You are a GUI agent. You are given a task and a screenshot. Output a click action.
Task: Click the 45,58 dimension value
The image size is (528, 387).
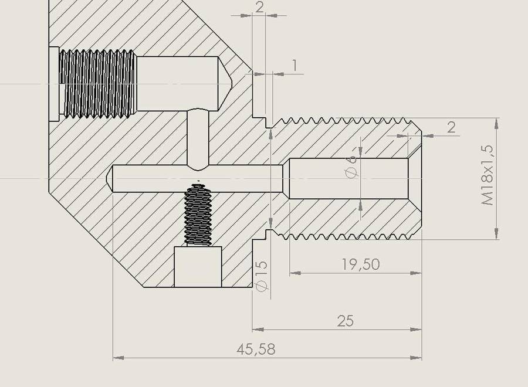click(256, 349)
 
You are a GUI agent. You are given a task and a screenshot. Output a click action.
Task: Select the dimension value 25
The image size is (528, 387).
click(346, 321)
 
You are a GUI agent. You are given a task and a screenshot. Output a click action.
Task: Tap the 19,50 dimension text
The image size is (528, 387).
click(361, 264)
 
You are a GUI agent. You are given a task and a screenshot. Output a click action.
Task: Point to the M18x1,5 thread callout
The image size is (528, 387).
click(488, 175)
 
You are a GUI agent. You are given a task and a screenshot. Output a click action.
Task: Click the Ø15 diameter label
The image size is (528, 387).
click(262, 276)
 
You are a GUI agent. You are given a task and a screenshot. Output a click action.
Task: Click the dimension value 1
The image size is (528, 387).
click(295, 66)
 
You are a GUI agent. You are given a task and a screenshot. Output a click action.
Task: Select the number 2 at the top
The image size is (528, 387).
click(259, 7)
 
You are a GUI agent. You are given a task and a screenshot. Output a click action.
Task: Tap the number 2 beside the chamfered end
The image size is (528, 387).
click(451, 128)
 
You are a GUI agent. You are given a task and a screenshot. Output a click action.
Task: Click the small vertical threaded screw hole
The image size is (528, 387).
click(198, 214)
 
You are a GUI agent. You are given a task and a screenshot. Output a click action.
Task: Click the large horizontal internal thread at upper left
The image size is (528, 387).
click(97, 84)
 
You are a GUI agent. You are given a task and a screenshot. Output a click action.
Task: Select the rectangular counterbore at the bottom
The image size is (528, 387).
click(198, 267)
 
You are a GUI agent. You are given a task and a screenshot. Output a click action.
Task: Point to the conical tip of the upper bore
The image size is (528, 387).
click(225, 83)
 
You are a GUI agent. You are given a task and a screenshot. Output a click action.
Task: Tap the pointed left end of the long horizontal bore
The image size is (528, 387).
click(110, 178)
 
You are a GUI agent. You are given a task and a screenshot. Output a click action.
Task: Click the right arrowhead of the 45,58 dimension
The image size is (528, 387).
click(417, 358)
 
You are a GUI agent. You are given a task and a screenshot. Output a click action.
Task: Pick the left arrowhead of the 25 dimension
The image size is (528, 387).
click(258, 329)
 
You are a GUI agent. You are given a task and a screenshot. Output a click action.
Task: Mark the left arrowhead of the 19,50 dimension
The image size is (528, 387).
click(295, 273)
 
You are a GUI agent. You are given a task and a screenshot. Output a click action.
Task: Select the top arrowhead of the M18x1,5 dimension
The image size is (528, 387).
click(496, 124)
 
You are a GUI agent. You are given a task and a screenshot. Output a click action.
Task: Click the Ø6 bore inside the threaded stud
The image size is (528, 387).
click(348, 178)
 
